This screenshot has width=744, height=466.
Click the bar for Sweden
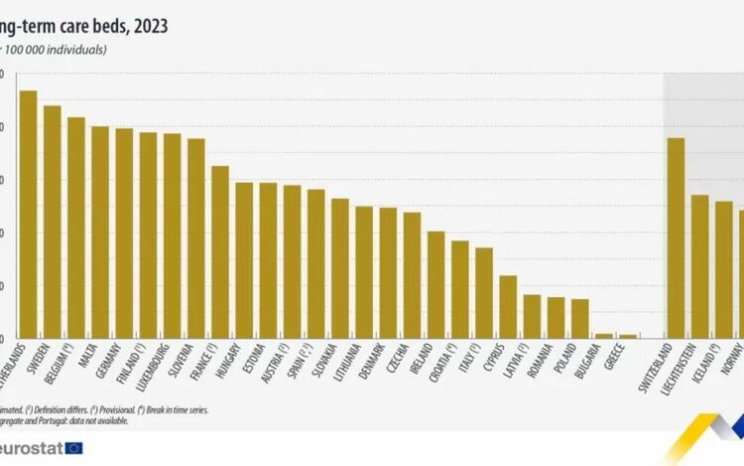pos(53,222)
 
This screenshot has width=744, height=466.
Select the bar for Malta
pos(100,233)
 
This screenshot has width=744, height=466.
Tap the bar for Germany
pos(124,233)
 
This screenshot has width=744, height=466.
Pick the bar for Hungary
pos(244,260)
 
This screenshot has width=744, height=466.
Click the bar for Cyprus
pos(508,307)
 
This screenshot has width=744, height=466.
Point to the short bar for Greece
pos(628,336)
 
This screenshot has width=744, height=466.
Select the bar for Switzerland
pos(676,238)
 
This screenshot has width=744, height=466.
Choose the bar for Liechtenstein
pos(699,266)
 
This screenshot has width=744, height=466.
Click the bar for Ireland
pos(435,285)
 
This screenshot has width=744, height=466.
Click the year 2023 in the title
pos(149,27)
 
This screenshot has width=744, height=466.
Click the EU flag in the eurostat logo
pos(74,448)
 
